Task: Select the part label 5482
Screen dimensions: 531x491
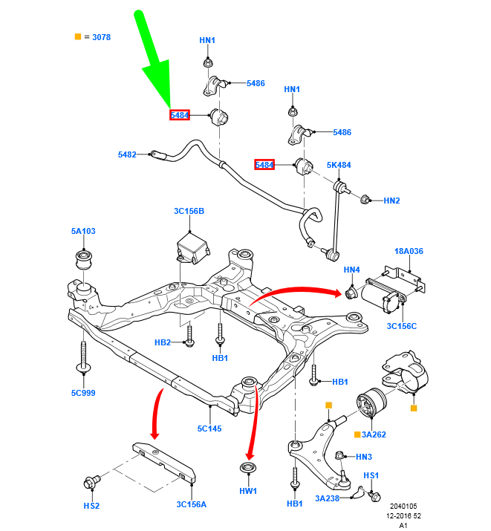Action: pos(127,154)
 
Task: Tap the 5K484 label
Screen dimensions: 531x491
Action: pos(339,164)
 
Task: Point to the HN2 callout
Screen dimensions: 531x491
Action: pos(391,201)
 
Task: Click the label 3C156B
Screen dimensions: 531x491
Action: pos(189,212)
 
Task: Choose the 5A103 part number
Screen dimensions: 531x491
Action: pos(83,231)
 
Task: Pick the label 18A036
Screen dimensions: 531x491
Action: pos(409,252)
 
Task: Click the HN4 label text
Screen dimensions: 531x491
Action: pos(352,270)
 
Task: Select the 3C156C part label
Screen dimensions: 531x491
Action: pos(401,325)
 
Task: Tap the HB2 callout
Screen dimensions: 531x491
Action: pos(163,342)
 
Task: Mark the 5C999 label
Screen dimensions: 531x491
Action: pos(83,393)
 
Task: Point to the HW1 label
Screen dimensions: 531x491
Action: pos(247,491)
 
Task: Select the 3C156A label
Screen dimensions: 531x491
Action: pos(192,504)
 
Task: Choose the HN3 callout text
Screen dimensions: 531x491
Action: pos(364,457)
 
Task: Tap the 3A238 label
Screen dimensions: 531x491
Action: pos(327,498)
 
